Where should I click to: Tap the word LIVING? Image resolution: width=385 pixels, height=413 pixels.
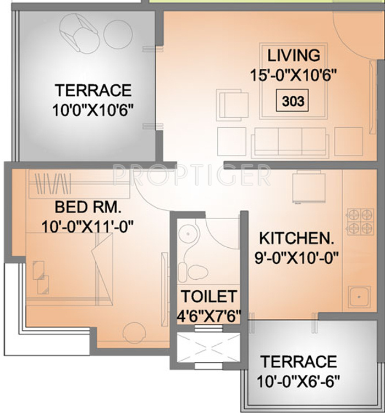[293, 55]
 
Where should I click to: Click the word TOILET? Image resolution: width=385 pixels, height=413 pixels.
[209, 296]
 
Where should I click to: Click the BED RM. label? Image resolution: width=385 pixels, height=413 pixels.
[87, 208]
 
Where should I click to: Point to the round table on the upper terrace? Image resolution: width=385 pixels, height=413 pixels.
[118, 32]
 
